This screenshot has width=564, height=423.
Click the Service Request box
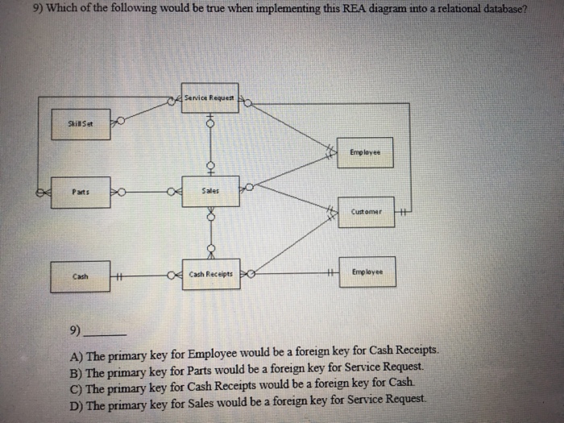click(x=209, y=97)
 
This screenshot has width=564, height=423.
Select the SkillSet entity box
click(x=81, y=123)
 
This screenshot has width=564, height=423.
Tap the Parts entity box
click(x=80, y=192)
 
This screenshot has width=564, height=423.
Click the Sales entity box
click(x=209, y=192)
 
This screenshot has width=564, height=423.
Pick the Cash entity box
click(x=80, y=276)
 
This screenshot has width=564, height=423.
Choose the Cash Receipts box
click(x=210, y=275)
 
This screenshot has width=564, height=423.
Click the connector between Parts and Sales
click(x=145, y=193)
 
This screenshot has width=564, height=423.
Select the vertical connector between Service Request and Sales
click(x=209, y=145)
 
